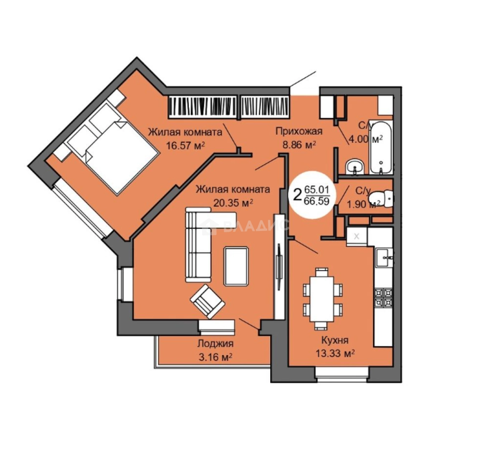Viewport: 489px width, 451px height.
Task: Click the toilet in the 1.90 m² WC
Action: pos(381,198)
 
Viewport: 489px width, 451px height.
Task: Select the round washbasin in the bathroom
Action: pos(355,167)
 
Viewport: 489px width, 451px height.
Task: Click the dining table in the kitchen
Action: pos(322,299)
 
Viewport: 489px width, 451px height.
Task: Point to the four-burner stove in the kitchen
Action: pos(383,298)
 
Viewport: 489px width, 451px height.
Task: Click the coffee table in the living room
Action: pos(236,266)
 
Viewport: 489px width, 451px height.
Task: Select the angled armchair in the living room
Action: pos(208,301)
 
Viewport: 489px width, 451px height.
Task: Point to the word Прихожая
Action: pos(299,131)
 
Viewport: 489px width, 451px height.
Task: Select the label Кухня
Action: pos(335,340)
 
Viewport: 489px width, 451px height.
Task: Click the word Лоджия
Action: pos(215,344)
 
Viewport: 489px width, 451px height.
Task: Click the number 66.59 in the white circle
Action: pos(317,201)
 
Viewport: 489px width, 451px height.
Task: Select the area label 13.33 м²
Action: pos(335,354)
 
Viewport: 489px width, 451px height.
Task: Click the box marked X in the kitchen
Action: pos(357,237)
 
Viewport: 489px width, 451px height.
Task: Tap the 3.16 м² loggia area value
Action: pos(215,357)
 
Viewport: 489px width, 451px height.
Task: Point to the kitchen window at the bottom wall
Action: pos(342,374)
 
